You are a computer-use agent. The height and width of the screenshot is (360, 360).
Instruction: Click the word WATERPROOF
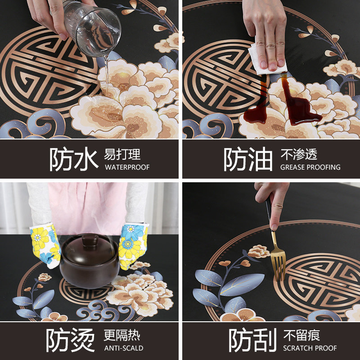pos(127,167)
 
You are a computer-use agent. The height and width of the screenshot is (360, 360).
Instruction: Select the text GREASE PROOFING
pos(310,167)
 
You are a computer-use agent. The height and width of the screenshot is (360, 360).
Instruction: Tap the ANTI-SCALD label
pos(123,348)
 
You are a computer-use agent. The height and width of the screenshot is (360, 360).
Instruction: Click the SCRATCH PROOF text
pos(310,348)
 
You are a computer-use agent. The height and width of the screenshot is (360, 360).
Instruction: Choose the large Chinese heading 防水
pos(73,160)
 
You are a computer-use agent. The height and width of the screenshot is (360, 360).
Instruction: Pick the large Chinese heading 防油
pos(248,160)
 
